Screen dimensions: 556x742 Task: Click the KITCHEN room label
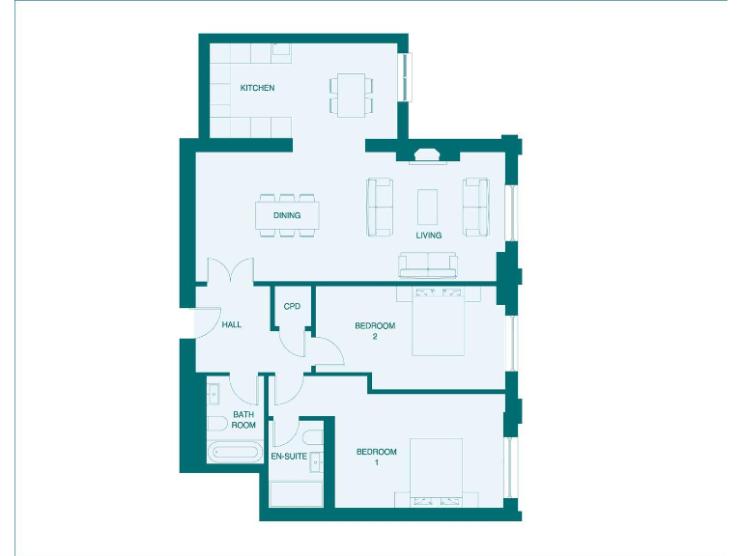pos(257,88)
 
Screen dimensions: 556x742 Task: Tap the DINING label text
pos(287,215)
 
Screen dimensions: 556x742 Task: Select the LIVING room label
pos(428,235)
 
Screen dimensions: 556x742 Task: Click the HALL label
pos(232,324)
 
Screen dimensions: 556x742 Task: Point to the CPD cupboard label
pos(292,306)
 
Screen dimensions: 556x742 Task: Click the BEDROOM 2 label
pos(375,330)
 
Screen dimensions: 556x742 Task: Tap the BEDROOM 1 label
pos(376,458)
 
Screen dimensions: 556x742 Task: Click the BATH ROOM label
pos(243,420)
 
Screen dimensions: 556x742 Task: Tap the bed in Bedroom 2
pos(439,320)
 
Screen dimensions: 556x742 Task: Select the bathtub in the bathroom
pos(234,451)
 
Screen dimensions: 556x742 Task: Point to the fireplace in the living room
pos(426,155)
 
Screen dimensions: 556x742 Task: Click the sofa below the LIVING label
pos(428,264)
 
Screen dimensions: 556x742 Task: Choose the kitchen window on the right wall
pos(407,76)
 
